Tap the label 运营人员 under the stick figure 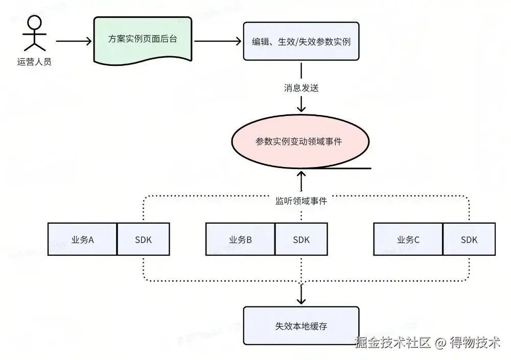click(x=34, y=63)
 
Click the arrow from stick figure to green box click(x=74, y=41)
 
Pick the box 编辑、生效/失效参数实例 click(x=301, y=41)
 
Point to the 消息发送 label click(x=301, y=88)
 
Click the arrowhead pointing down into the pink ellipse click(x=301, y=108)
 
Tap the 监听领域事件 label click(x=301, y=201)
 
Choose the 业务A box click(x=82, y=239)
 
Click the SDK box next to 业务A click(x=143, y=239)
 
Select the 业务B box click(x=240, y=239)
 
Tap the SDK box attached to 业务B click(x=301, y=239)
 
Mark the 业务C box click(x=408, y=239)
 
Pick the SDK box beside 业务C click(x=469, y=239)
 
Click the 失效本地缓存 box click(x=301, y=326)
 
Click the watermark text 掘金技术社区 click(x=393, y=342)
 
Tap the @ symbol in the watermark click(x=440, y=343)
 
